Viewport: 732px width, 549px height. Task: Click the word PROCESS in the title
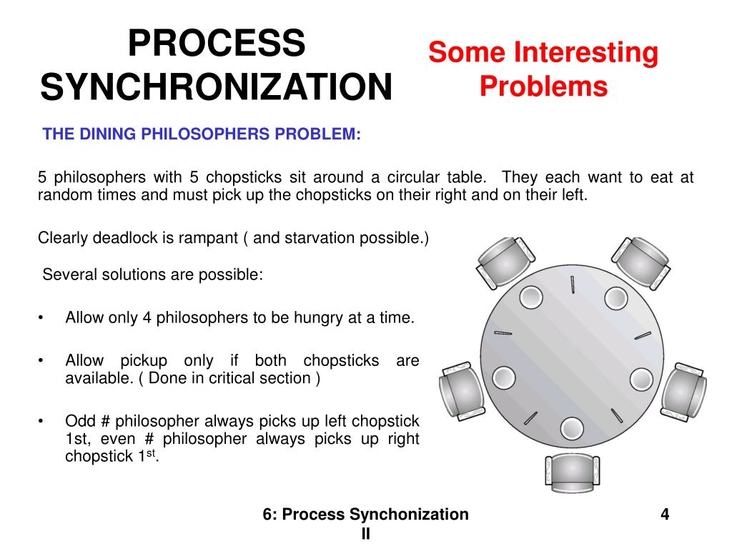coord(216,45)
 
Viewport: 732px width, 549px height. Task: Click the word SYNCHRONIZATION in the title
coord(216,87)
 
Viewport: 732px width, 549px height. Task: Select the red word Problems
coord(543,87)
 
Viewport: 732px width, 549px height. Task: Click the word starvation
coord(315,238)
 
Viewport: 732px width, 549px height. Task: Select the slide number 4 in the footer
coord(665,515)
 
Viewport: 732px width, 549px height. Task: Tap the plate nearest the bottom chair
coord(571,427)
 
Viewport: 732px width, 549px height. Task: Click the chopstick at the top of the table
coord(573,287)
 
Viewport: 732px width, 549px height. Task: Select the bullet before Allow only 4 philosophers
coord(43,318)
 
